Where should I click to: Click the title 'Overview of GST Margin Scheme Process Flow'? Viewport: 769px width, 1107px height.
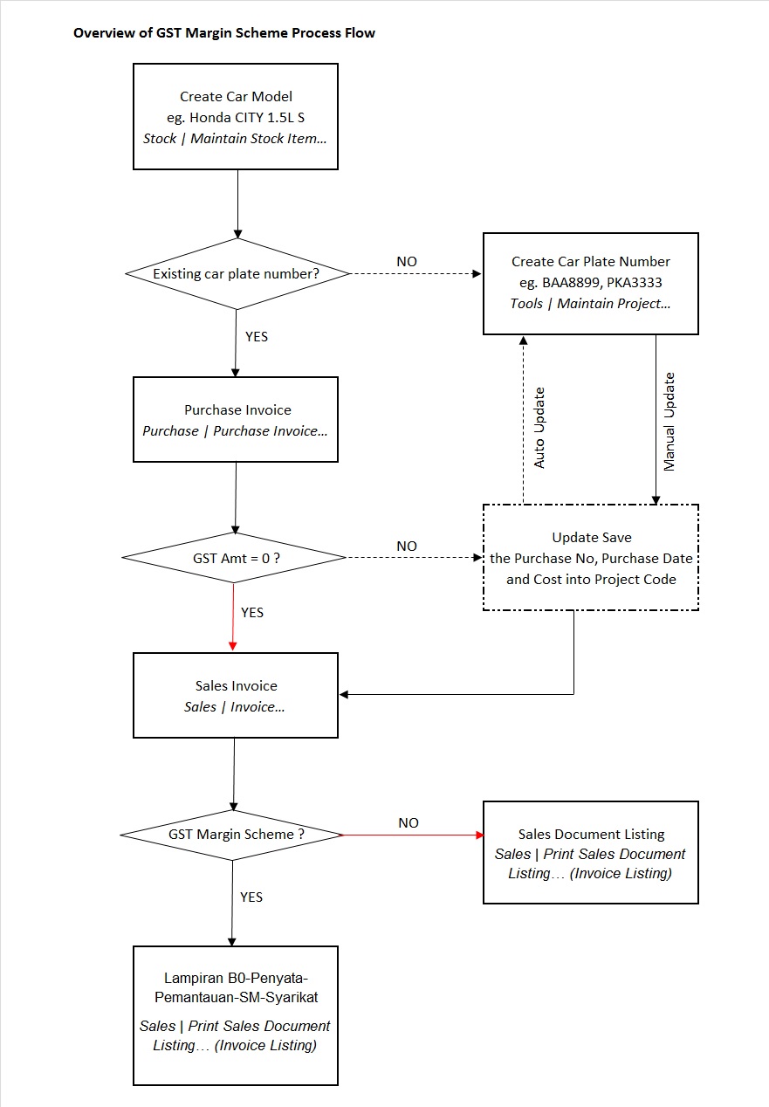point(224,33)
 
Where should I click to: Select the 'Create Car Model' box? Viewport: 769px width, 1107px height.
point(235,116)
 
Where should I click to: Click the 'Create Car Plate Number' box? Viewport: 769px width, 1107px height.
point(591,283)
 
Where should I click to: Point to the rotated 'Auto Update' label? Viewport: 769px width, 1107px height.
point(539,427)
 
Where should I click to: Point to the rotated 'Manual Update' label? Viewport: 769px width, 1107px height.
point(669,422)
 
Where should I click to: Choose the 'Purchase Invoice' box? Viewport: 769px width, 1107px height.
point(235,419)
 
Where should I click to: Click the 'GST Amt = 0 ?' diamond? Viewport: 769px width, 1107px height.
point(235,557)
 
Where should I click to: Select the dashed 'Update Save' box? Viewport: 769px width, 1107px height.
point(591,558)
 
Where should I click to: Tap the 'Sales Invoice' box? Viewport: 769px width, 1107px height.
point(235,696)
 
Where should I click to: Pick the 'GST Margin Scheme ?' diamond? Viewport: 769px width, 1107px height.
point(232,835)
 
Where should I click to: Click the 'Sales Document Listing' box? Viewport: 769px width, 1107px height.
point(591,852)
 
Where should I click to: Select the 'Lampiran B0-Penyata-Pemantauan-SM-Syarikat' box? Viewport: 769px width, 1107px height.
point(235,1015)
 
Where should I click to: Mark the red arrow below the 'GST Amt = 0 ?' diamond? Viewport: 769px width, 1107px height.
point(233,616)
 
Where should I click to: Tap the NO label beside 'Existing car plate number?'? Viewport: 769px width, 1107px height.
point(407,261)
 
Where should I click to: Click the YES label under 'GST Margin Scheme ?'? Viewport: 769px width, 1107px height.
point(251,897)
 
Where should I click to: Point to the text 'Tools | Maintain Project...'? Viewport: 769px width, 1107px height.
point(591,304)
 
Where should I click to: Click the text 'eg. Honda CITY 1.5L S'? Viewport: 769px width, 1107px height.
point(236,118)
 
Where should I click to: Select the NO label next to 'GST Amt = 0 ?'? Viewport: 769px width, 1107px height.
point(407,546)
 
